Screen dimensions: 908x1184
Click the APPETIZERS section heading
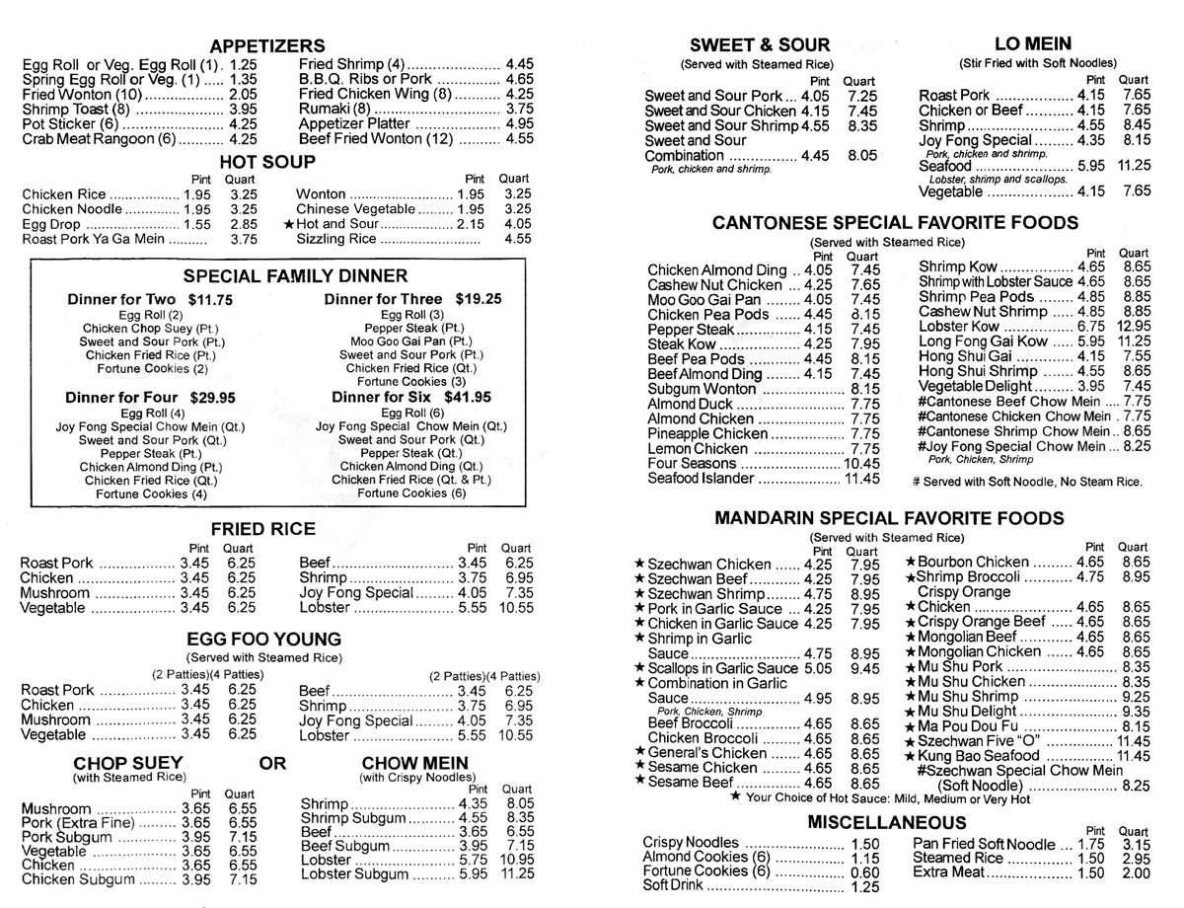[267, 45]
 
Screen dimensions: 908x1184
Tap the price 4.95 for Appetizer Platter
[519, 124]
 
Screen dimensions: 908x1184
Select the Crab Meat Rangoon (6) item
[99, 139]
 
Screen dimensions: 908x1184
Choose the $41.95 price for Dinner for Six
[469, 397]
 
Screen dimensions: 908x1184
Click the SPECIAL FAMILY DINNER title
[295, 275]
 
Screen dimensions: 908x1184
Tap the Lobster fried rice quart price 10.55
[516, 608]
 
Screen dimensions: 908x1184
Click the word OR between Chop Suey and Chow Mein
[272, 763]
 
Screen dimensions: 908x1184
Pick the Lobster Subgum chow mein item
[354, 874]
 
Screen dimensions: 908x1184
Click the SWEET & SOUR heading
[760, 44]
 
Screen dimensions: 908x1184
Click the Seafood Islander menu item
[702, 479]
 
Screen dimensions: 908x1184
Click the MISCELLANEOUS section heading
[886, 822]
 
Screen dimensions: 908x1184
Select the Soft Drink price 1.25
[863, 886]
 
